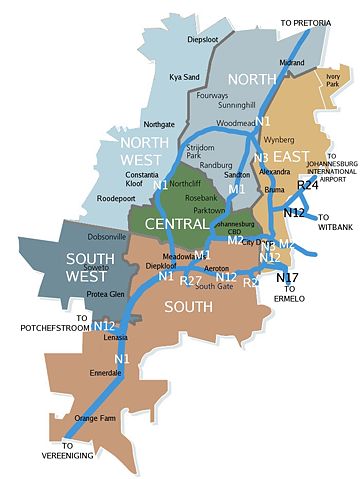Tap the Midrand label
(292, 62)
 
